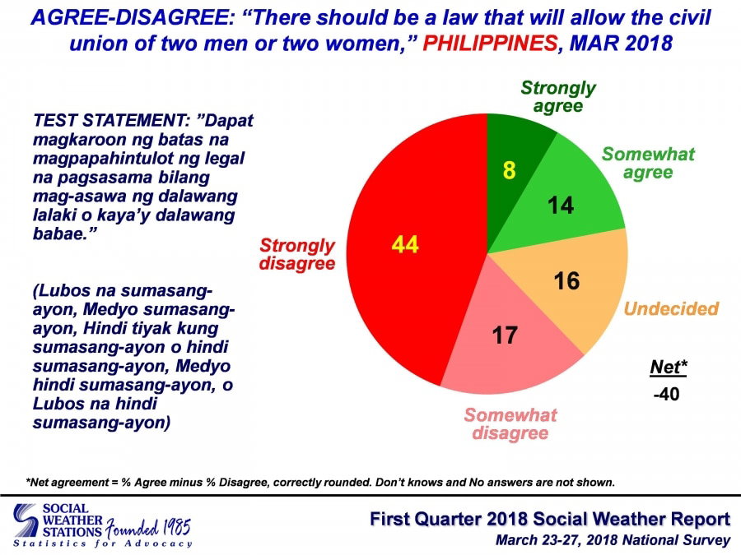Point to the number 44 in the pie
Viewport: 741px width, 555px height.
coord(405,245)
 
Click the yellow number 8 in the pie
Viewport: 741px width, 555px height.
coord(509,170)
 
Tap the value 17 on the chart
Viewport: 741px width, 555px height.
coord(505,335)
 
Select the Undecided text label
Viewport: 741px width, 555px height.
coord(671,308)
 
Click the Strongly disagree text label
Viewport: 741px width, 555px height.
coord(297,254)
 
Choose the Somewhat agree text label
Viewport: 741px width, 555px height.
coord(648,163)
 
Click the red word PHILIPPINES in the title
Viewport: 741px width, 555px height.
coord(490,44)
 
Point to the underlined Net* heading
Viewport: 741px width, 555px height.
coord(669,368)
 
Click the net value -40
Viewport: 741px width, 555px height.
coord(667,394)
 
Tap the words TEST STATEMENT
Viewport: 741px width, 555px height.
coord(111,121)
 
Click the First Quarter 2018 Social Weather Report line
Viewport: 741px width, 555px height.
coord(550,519)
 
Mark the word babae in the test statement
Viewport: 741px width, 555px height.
coord(61,234)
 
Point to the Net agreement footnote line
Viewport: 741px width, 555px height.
coord(320,483)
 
